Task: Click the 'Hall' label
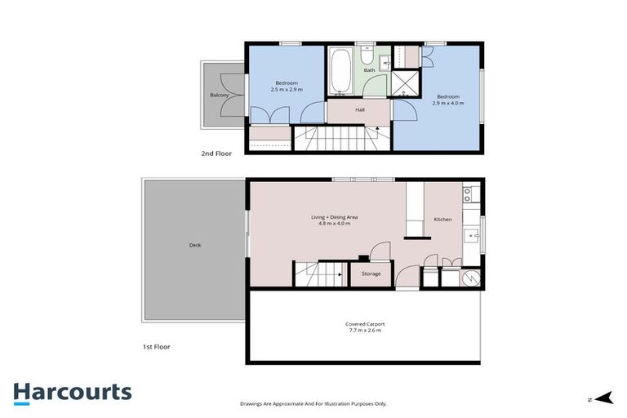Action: click(x=359, y=109)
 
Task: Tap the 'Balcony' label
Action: click(x=219, y=96)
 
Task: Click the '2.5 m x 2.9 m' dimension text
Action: click(x=287, y=90)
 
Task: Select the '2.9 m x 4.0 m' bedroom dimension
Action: click(x=448, y=104)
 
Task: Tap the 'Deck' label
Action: click(x=194, y=245)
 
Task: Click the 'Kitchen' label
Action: click(x=442, y=220)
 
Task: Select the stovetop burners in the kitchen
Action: click(x=469, y=194)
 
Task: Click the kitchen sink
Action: click(x=471, y=238)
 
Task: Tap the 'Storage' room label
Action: click(x=371, y=273)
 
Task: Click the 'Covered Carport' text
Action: click(x=363, y=324)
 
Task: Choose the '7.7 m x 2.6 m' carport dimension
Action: click(x=363, y=331)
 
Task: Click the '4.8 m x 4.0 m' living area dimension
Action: click(x=335, y=224)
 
